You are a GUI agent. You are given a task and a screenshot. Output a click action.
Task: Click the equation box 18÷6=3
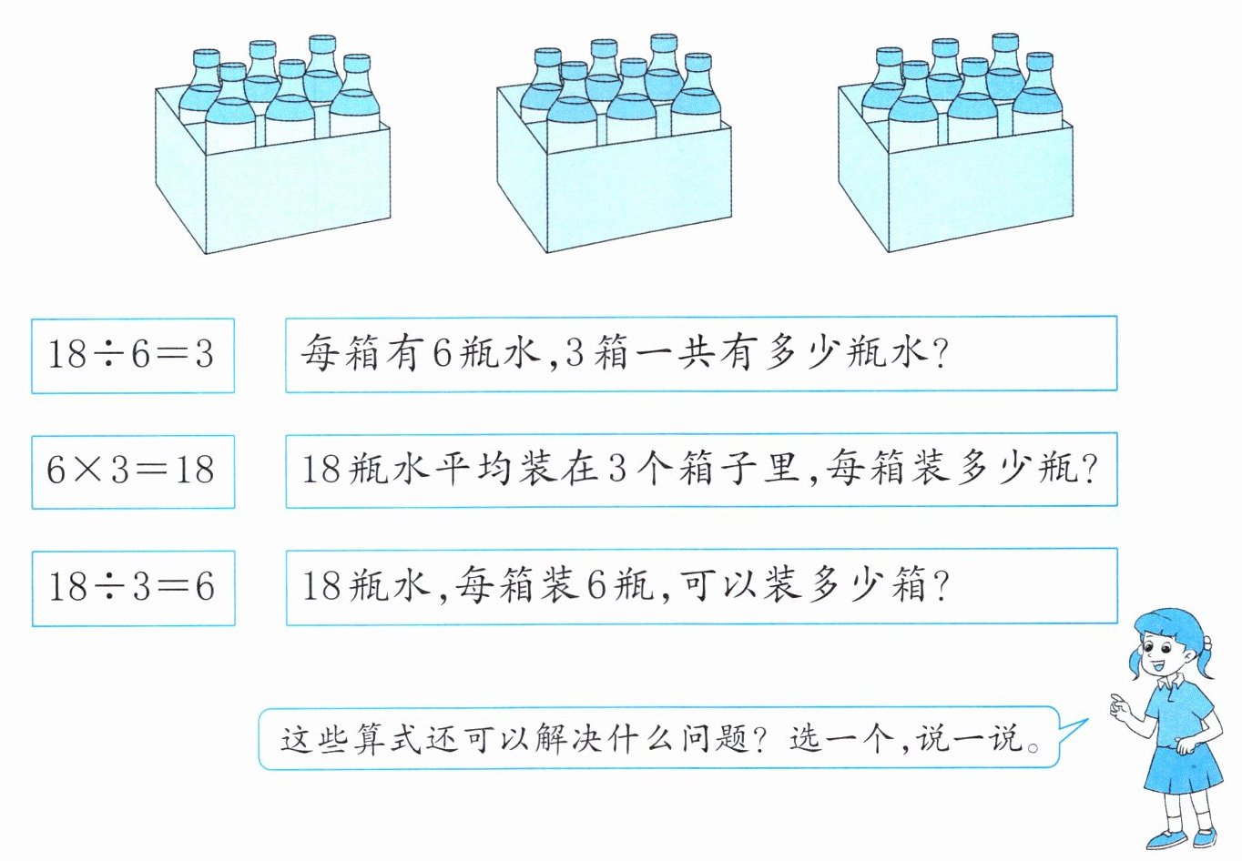pos(132,355)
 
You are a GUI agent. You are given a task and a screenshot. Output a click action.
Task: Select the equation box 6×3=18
pos(132,471)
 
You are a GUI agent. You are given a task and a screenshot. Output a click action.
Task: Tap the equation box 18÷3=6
pos(132,587)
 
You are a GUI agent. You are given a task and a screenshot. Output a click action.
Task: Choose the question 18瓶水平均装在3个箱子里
pos(700,470)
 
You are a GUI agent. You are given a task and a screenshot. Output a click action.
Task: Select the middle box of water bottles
pos(614,150)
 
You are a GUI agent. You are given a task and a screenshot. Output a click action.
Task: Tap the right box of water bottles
pos(955,150)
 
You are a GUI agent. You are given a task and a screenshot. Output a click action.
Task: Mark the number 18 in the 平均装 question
pos(321,471)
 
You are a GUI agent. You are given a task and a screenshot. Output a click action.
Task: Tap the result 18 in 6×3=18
pos(194,471)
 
